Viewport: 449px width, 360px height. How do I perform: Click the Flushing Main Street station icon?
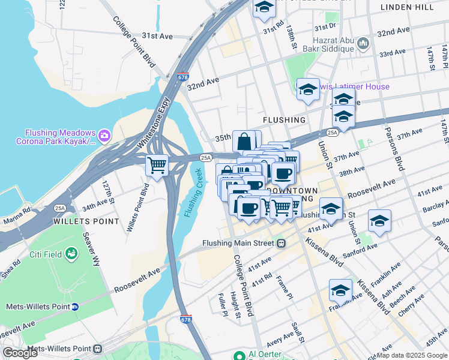coord(280,243)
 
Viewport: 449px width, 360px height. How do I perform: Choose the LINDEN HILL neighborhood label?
coord(407,7)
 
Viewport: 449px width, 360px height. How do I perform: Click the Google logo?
coord(20,353)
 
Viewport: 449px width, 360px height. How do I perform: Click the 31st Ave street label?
coord(158,36)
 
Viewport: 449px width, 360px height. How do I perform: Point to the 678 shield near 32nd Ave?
coord(183,76)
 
